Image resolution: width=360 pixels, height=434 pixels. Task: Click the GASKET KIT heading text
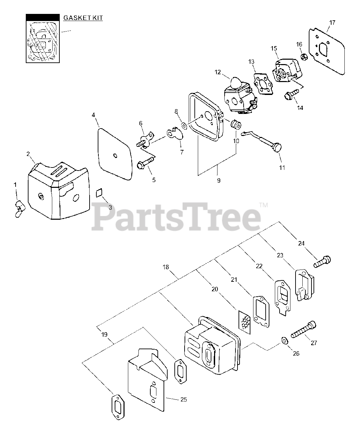83,18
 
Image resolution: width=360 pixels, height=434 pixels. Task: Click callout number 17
332,23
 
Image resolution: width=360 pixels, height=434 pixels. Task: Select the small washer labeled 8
184,126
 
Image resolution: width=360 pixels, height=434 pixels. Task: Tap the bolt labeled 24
322,262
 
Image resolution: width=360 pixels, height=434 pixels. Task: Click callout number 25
183,399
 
